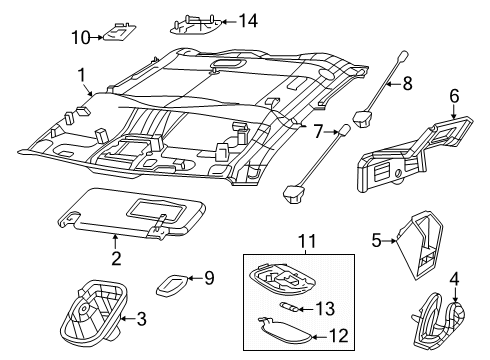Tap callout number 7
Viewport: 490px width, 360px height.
coord(318,131)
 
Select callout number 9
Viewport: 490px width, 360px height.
coord(209,277)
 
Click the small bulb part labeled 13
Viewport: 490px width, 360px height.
coord(289,307)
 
